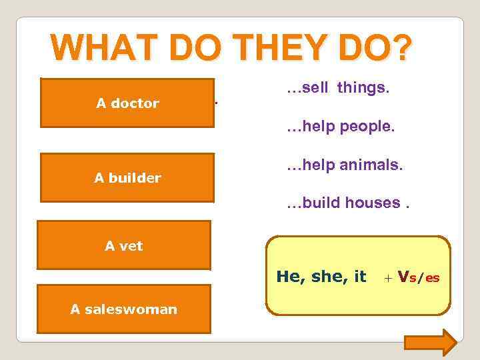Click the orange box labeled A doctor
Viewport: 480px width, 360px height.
pos(127,103)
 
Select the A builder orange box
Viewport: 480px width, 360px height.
pos(127,177)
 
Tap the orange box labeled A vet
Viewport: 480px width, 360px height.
pos(124,245)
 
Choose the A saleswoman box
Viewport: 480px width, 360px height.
pos(124,309)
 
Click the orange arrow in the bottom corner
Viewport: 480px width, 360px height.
pos(431,343)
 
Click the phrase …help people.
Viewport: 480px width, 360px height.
pos(341,127)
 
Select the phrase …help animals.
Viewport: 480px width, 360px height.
pos(345,165)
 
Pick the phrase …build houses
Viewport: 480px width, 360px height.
pos(348,203)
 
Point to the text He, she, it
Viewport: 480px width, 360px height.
pos(321,277)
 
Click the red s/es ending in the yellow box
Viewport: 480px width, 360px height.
pos(425,278)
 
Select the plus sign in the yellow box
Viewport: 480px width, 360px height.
pos(389,278)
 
